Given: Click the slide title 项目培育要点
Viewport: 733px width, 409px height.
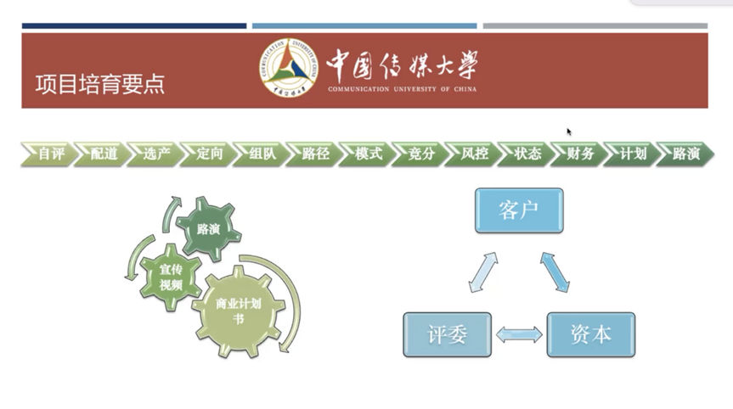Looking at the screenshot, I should (x=100, y=84).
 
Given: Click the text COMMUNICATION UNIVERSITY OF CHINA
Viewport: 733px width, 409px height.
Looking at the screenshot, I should (x=402, y=88).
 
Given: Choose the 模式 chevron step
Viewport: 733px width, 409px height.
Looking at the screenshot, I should (x=368, y=154).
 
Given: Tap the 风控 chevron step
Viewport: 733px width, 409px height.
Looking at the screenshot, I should (x=473, y=154).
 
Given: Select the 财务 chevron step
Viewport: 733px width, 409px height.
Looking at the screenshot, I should (x=580, y=154).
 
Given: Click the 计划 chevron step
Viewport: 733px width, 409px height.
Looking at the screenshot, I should (x=633, y=154).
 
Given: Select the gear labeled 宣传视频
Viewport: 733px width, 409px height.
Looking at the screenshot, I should (x=171, y=276).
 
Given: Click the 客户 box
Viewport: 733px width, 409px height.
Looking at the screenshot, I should (x=518, y=210).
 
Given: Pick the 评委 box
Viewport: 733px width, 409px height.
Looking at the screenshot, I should (x=447, y=334).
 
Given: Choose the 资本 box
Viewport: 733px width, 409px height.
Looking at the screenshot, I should (x=590, y=334).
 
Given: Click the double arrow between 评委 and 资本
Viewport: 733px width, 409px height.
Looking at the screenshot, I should (x=519, y=334).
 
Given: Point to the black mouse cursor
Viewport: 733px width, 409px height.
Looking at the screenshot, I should (x=569, y=132).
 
